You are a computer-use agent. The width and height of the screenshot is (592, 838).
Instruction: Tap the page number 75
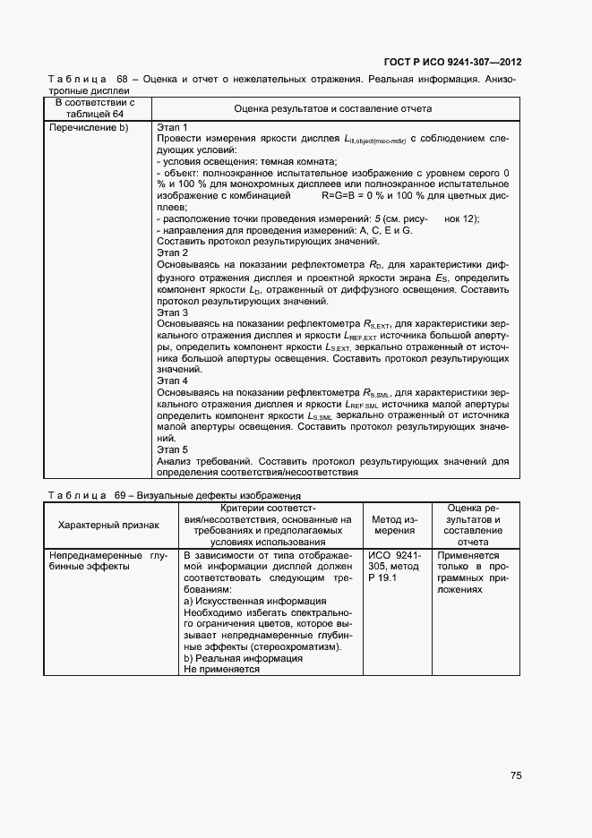coord(516,775)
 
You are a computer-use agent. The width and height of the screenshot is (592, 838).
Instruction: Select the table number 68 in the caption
coord(123,79)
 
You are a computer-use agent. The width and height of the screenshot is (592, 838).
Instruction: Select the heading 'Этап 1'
coord(172,127)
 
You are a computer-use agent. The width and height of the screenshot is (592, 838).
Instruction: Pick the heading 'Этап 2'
coord(172,253)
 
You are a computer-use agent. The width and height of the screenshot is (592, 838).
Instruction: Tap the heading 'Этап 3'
coord(172,313)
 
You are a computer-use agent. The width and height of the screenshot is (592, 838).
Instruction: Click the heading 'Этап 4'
coord(172,381)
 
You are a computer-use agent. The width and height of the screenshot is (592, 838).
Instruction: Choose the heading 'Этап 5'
coord(172,449)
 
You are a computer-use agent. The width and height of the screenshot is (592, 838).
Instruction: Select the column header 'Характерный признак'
coord(108,525)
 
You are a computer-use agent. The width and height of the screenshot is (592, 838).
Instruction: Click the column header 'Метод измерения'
coord(395,525)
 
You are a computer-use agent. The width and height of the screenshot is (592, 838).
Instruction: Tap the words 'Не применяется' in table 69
coord(221,669)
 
